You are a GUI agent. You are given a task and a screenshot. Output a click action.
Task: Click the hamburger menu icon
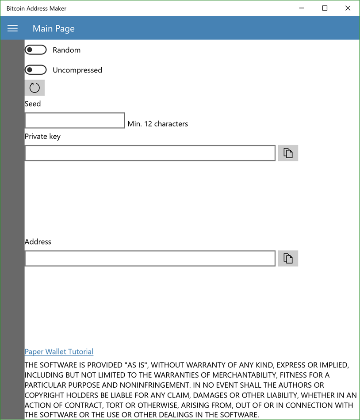coord(12,28)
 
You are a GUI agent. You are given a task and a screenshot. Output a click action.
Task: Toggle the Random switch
coord(35,50)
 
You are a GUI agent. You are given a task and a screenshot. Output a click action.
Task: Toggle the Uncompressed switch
coord(35,70)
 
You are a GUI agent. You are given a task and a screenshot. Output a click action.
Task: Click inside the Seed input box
coord(74,121)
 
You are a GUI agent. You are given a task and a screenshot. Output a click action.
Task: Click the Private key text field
coord(149,153)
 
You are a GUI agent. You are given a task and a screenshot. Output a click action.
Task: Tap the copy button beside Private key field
coord(288,153)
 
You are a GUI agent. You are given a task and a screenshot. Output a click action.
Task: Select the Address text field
coord(149,258)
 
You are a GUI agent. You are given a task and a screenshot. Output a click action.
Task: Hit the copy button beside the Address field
coord(288,258)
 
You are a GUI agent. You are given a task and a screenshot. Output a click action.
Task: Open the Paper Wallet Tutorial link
coord(59,351)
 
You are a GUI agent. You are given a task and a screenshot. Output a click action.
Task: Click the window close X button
coord(348,8)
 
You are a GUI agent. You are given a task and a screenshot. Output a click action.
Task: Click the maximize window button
coord(325,8)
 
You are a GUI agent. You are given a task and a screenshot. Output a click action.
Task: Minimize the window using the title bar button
coord(302,8)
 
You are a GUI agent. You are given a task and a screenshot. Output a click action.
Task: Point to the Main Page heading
coord(54,29)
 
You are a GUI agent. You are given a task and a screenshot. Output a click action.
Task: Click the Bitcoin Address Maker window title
coord(36,8)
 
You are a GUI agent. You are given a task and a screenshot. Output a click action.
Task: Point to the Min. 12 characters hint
coord(157,124)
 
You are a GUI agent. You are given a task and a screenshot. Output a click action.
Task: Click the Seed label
coord(33,103)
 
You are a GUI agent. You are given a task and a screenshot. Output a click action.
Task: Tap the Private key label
coord(42,136)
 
